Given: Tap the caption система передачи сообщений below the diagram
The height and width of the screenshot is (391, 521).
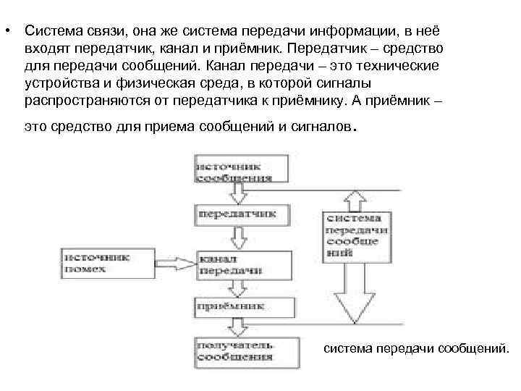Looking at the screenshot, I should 415,349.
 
